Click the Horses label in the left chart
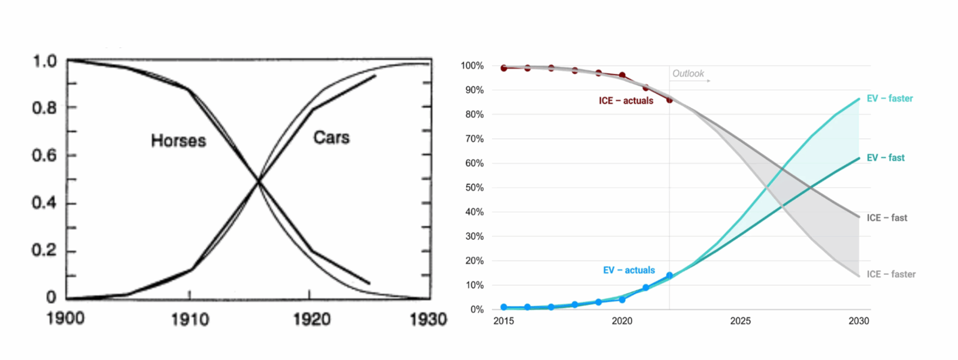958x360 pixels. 178,141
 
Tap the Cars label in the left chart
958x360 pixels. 331,138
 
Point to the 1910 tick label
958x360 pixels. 190,319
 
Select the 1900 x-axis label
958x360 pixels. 65,318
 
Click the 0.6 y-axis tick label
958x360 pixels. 44,156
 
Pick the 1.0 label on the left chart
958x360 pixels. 44,61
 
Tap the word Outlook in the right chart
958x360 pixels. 688,74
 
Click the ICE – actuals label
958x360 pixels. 626,101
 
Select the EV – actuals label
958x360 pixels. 629,270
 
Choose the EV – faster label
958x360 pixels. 890,98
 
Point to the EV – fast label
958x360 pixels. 886,158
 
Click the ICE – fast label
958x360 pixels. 887,218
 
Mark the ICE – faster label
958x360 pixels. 891,274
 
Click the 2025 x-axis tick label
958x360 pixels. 740,321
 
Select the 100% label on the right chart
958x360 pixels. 472,66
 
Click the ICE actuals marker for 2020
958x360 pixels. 622,75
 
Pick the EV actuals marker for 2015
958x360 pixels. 504,307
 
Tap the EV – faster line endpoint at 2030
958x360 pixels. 859,99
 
